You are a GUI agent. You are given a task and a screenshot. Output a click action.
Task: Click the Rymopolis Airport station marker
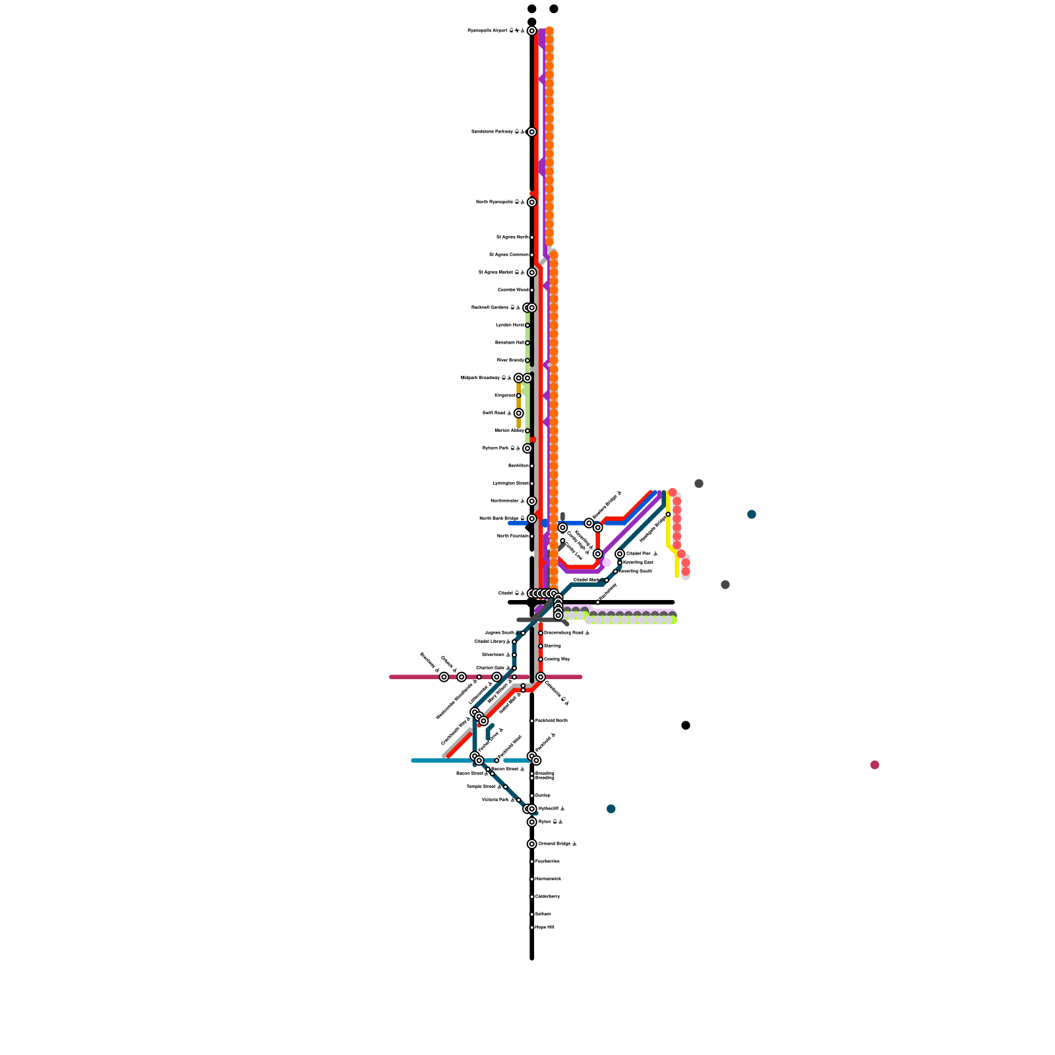531,31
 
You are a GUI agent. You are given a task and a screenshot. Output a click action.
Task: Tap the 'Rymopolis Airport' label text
487,31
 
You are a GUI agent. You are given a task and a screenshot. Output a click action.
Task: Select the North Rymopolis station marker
531,202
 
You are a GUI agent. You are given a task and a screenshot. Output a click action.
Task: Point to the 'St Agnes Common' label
508,255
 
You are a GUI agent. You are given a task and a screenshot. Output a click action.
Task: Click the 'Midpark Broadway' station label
480,378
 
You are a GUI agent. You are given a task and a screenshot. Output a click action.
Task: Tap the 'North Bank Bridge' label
499,518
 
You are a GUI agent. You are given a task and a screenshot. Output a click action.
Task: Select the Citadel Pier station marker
620,554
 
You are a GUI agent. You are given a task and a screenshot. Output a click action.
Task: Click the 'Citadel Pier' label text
638,554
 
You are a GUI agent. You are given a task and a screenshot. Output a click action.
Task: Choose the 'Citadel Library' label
490,642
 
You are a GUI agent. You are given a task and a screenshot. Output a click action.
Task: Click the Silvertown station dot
514,655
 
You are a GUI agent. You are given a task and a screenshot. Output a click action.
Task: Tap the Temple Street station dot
506,787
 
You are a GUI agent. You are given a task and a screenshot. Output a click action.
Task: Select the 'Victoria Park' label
495,800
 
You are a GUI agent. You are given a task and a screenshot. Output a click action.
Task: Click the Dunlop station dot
531,796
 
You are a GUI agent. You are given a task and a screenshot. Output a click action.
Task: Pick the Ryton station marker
531,822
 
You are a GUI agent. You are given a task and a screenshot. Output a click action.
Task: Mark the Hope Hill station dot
531,928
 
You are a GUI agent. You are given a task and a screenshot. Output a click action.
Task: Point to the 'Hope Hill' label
545,928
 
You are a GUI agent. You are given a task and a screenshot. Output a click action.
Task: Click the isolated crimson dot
874,765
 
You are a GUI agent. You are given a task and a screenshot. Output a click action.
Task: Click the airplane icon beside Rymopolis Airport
516,31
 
